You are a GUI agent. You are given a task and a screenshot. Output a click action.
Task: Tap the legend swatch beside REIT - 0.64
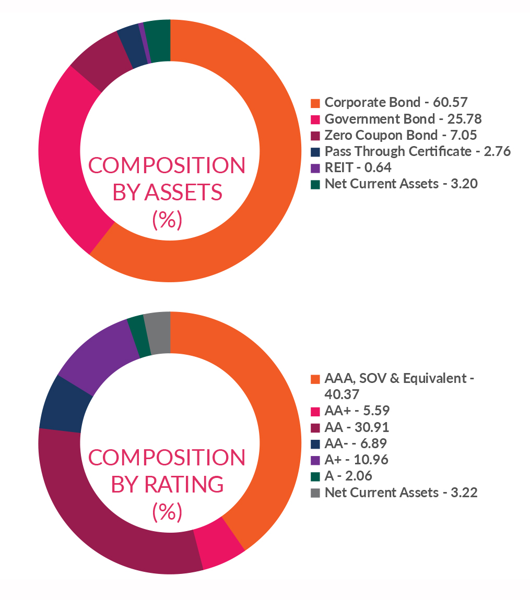pos(315,168)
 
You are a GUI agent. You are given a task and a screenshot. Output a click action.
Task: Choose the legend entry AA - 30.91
pos(357,427)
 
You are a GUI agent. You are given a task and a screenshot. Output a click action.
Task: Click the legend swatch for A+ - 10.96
pos(315,460)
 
